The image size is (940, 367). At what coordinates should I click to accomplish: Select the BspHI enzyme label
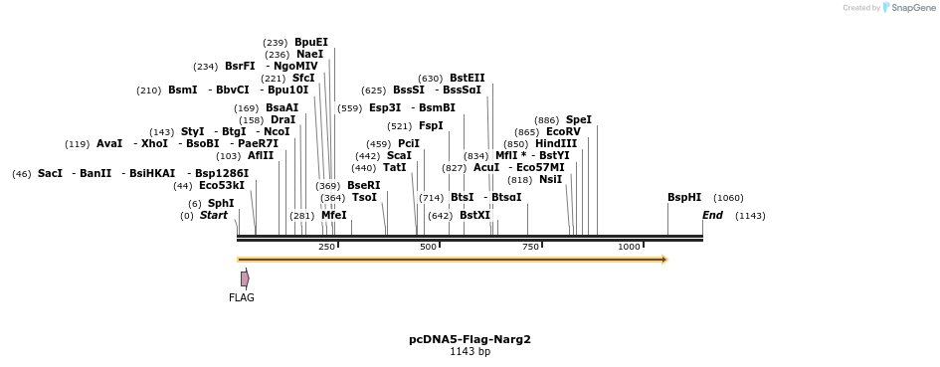(684, 197)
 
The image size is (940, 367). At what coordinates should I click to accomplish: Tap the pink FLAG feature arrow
(244, 279)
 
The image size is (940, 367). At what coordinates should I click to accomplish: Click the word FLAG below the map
(242, 297)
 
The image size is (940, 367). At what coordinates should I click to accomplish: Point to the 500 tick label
(429, 247)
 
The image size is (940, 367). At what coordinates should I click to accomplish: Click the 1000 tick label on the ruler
(629, 247)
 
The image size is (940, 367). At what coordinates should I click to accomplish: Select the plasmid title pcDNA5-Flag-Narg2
(470, 339)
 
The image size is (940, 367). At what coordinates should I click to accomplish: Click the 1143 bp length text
(470, 351)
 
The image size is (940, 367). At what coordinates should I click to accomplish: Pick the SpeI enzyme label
(579, 119)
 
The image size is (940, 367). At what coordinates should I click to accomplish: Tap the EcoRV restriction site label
(563, 131)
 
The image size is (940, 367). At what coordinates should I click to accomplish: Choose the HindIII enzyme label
(556, 143)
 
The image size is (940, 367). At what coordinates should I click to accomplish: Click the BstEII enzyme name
(468, 78)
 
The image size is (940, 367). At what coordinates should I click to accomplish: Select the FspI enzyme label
(431, 125)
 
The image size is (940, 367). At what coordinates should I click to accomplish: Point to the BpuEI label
(311, 42)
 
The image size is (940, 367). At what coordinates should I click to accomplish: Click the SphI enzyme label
(221, 203)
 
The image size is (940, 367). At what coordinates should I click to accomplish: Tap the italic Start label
(214, 215)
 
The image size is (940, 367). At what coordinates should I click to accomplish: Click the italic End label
(712, 215)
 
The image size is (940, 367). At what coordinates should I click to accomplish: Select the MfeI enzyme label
(334, 215)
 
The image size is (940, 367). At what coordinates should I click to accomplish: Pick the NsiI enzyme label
(551, 179)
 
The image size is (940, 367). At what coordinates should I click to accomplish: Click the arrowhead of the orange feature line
(663, 260)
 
